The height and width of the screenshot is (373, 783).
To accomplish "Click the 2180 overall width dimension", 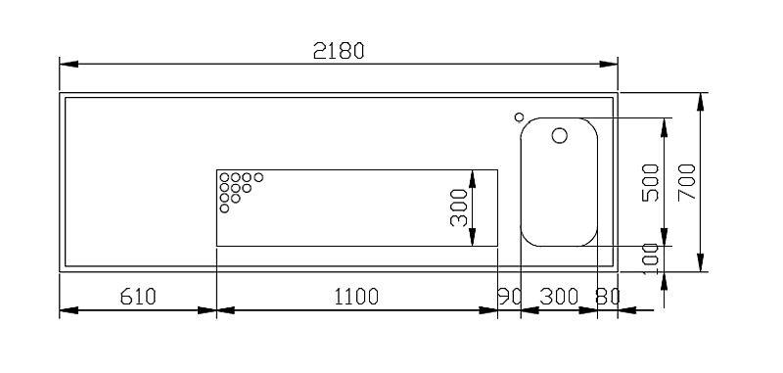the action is (339, 51).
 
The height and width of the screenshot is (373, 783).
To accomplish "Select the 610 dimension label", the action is (138, 297).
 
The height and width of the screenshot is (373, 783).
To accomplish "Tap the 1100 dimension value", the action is (356, 297).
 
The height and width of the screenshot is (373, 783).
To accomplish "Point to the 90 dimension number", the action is (509, 297).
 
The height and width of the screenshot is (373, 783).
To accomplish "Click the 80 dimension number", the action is (608, 297).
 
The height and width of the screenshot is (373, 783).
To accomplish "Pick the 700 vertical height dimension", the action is (687, 182).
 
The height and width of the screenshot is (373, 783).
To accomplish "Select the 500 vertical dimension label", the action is (650, 182).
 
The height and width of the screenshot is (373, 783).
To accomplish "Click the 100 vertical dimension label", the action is (650, 259).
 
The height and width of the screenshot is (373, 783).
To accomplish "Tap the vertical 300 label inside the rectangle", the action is (459, 208).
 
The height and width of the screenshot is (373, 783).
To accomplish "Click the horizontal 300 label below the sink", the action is (559, 297).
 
